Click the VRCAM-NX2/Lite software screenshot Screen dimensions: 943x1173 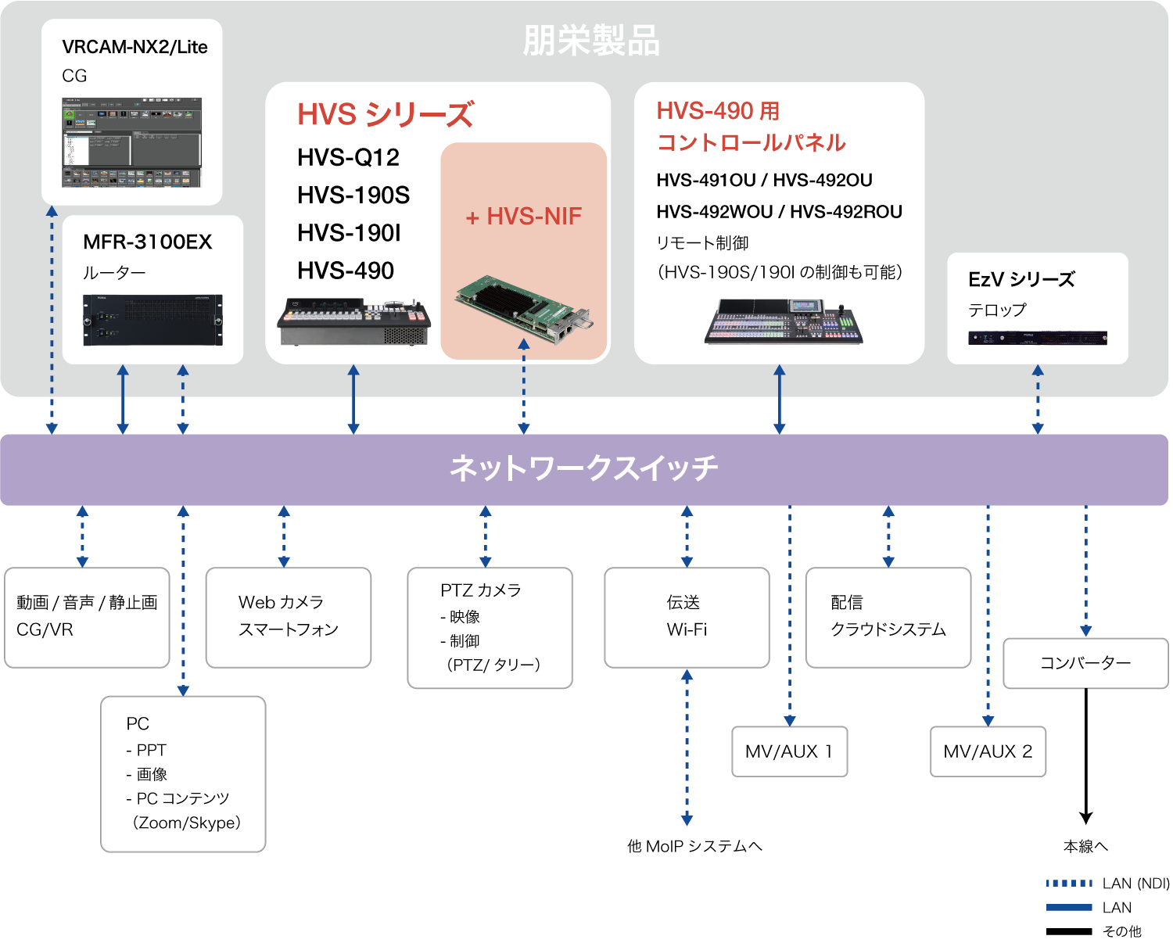(x=131, y=142)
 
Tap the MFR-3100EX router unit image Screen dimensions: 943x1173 (x=152, y=320)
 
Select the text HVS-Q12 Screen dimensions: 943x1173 (x=348, y=158)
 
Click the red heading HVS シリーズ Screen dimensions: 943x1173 (x=385, y=115)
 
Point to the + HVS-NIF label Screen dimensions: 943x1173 (x=524, y=217)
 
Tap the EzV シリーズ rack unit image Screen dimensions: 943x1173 (x=1037, y=339)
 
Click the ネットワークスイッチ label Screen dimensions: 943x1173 (x=583, y=468)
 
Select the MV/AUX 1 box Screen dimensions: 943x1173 (x=789, y=751)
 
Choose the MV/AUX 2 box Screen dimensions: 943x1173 (x=988, y=751)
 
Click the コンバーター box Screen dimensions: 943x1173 (x=1085, y=663)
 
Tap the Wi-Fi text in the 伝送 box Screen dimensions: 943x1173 (x=687, y=629)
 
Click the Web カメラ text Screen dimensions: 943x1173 (x=281, y=602)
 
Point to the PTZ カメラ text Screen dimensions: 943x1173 (x=480, y=590)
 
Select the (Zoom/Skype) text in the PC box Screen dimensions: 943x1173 (x=187, y=823)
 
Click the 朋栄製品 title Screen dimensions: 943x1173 (x=591, y=41)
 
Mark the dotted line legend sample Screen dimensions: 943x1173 (x=1069, y=883)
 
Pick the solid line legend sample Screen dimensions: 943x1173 (x=1069, y=907)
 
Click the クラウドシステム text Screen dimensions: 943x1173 (x=888, y=629)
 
